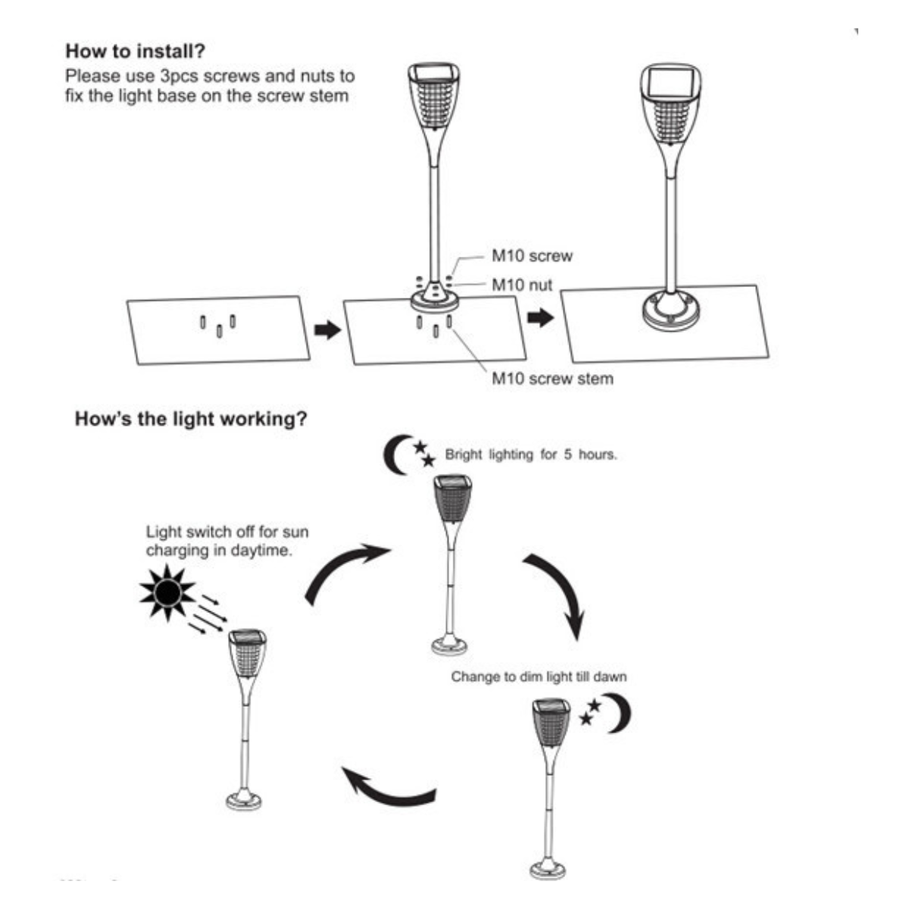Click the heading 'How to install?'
click(x=136, y=52)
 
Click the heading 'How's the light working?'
click(x=191, y=419)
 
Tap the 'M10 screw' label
click(x=532, y=256)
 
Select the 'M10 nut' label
click(x=522, y=286)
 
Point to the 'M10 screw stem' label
click(x=552, y=378)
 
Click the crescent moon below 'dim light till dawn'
click(x=618, y=712)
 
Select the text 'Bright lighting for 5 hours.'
click(x=530, y=455)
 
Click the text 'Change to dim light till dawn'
click(x=539, y=676)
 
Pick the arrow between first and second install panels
click(x=326, y=330)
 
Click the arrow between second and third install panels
click(x=540, y=318)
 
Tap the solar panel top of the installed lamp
click(x=671, y=82)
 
